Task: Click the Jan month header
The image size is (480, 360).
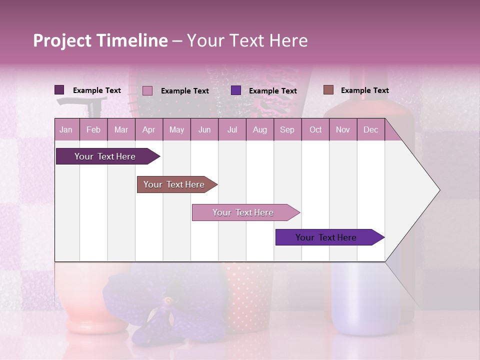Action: coord(66,130)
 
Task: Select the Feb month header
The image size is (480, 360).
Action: coord(93,130)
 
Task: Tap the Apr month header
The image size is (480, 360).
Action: coord(148,130)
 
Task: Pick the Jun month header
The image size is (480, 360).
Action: coord(204,130)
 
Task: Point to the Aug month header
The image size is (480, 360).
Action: coord(259,130)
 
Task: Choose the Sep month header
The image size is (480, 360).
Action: coord(287,130)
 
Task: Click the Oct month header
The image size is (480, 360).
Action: coord(315,130)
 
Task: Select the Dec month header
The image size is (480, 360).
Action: coord(370,130)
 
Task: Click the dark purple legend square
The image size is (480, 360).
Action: coord(59,90)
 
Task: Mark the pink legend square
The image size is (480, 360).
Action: coord(147,90)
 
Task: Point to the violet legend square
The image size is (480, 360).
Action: coord(236,90)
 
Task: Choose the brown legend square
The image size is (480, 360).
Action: coord(328,90)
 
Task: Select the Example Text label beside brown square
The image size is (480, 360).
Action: coord(364,90)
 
